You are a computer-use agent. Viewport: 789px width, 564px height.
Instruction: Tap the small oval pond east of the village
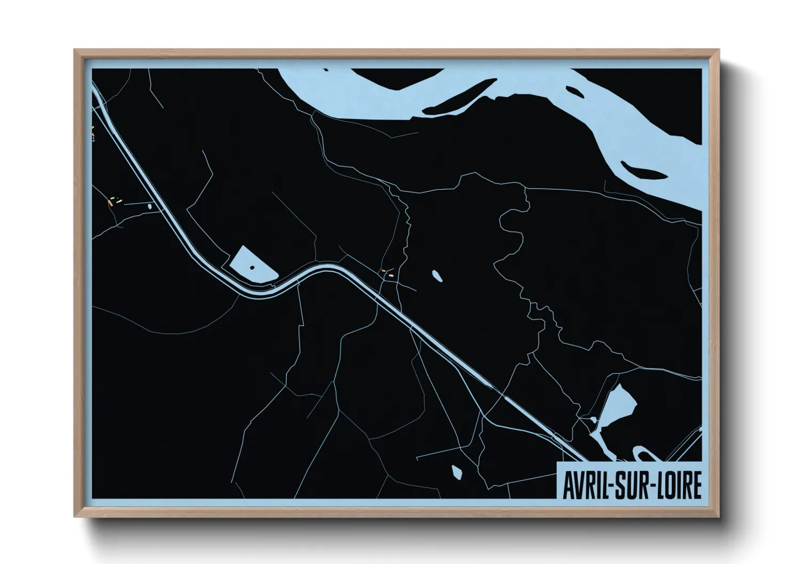pyautogui.click(x=437, y=276)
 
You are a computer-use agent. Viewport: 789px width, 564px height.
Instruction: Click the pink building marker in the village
pyautogui.click(x=392, y=276)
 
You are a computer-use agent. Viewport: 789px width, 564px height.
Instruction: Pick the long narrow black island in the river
pyautogui.click(x=461, y=98)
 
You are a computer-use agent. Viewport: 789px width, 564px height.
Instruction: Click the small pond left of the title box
pyautogui.click(x=457, y=471)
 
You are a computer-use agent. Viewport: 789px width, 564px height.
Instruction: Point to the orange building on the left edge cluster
pyautogui.click(x=110, y=203)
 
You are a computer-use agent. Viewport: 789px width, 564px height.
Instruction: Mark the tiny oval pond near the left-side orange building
pyautogui.click(x=150, y=205)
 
